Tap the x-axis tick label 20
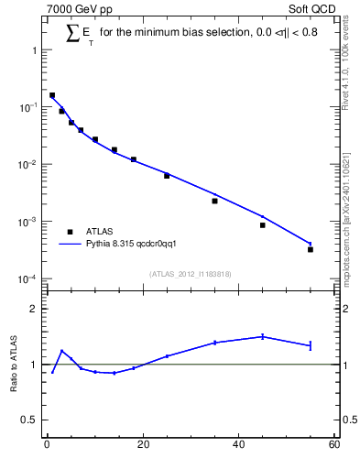[142, 445]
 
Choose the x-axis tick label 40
[238, 445]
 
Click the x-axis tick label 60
[333, 445]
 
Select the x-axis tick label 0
[47, 445]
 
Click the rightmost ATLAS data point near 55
[311, 249]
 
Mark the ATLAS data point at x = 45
[263, 224]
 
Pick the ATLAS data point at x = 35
[214, 201]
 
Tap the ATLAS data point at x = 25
[167, 175]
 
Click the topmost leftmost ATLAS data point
[52, 95]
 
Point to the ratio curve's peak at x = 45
[263, 336]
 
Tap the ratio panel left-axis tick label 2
[34, 309]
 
